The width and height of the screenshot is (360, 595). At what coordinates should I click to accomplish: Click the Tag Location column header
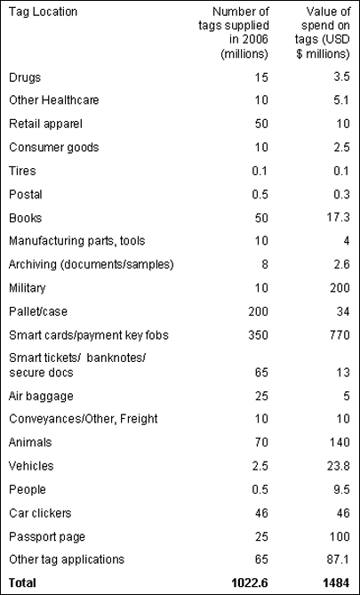point(43,12)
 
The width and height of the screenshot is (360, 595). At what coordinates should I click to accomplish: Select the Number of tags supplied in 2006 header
point(234,33)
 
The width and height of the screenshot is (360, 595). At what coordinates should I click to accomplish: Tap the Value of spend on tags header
point(323,33)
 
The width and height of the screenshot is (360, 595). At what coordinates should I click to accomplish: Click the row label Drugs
point(25,77)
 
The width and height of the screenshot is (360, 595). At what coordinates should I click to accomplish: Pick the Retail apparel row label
point(45,125)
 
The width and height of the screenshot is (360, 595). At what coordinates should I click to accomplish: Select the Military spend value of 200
point(339,288)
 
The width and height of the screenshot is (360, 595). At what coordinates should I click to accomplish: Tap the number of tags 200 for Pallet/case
point(258,311)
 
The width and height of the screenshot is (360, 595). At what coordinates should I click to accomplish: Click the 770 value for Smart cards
point(339,335)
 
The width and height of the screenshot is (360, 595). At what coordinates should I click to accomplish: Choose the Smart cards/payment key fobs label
point(88,335)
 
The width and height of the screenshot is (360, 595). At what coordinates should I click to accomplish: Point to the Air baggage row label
point(41,397)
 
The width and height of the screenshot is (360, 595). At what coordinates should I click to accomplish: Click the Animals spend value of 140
point(339,442)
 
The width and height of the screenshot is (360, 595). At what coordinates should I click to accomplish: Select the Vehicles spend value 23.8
point(338,466)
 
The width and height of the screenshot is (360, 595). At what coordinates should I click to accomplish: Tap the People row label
point(28,489)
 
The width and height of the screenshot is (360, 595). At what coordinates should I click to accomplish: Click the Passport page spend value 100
point(339,536)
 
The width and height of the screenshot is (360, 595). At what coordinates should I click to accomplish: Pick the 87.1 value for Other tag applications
point(338,559)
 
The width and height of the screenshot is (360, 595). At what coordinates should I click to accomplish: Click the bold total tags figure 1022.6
point(249,583)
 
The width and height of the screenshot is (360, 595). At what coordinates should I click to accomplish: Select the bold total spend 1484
point(336,583)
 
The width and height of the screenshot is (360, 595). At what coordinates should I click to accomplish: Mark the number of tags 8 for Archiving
point(264,264)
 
